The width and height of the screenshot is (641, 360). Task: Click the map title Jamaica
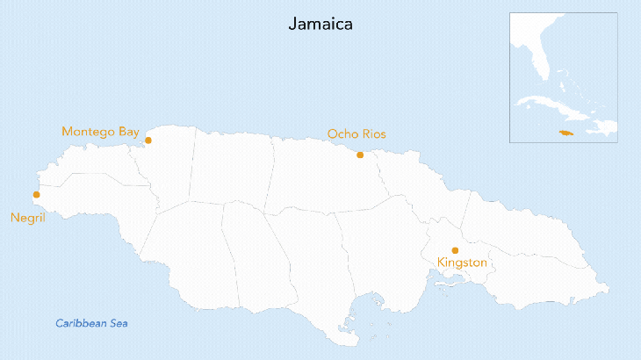(320, 25)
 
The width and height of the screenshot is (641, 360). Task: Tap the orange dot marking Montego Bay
(148, 140)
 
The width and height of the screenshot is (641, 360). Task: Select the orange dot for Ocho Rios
(360, 155)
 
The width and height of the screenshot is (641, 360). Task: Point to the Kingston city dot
(455, 250)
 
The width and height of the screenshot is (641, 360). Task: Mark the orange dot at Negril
(36, 195)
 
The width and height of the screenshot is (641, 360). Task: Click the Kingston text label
(462, 263)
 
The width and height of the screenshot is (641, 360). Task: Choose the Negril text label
(27, 218)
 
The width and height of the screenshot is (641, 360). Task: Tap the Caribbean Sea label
(91, 323)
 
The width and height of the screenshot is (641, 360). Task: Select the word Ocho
(342, 134)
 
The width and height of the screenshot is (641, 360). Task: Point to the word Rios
(373, 134)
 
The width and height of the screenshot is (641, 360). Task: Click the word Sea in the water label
(119, 323)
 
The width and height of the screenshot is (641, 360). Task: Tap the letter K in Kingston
(442, 263)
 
